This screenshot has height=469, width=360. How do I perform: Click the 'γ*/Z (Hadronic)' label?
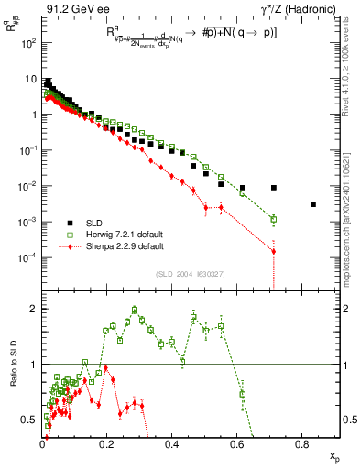tap(297, 8)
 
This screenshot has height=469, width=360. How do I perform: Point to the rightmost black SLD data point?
tap(313, 204)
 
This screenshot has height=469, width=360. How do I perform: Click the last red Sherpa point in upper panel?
tap(274, 251)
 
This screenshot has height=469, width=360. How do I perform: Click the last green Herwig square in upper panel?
tap(274, 219)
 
